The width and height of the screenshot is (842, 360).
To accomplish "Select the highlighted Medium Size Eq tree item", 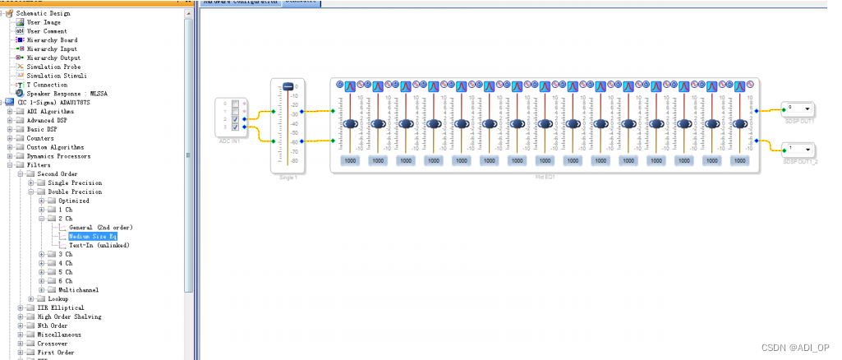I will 93,236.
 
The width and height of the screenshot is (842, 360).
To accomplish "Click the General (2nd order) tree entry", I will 100,227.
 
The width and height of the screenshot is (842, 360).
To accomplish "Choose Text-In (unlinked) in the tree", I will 99,245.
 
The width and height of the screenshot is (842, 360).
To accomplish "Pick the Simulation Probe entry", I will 53,67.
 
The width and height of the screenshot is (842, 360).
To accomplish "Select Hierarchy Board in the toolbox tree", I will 52,39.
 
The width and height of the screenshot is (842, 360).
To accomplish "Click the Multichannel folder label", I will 79,290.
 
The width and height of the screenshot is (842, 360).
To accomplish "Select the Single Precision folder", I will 75,182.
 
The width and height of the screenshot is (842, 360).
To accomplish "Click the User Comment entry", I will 47,31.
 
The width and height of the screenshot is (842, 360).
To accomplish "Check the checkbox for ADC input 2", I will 235,119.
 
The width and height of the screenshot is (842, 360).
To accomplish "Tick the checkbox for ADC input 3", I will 235,127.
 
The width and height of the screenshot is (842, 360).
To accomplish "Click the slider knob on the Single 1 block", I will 288,87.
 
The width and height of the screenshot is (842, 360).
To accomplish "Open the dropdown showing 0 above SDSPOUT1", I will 807,108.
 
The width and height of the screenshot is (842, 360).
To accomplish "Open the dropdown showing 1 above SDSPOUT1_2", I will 807,150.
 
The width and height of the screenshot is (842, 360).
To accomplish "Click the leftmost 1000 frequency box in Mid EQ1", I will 351,161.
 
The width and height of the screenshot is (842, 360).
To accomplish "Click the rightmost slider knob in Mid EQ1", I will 740,124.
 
